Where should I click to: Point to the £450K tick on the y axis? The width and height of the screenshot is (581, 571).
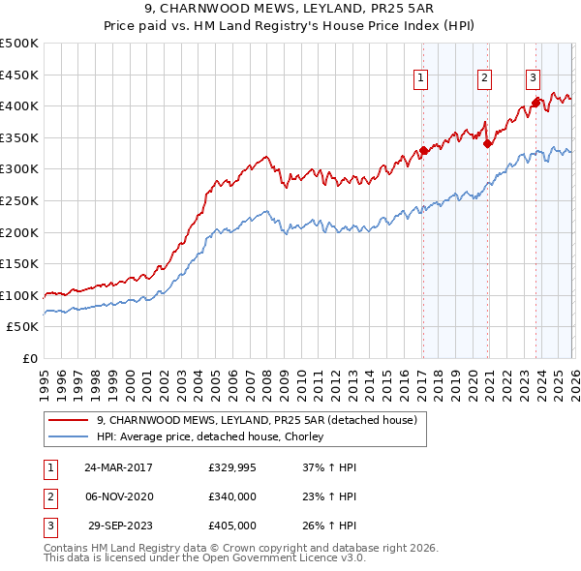click(x=19, y=75)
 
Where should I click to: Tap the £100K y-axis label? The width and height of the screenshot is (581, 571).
click(x=19, y=295)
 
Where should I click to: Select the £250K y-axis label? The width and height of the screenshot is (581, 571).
click(x=19, y=200)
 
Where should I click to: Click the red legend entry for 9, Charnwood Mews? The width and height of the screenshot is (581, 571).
click(x=257, y=420)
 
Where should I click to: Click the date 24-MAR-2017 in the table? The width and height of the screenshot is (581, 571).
click(x=118, y=467)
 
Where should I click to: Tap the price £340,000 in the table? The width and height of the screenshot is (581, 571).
click(x=231, y=496)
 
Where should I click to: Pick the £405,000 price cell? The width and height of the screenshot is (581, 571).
click(x=231, y=526)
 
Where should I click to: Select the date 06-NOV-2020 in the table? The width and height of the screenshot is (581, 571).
click(x=118, y=496)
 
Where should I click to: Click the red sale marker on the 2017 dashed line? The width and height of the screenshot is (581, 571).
click(x=423, y=151)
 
